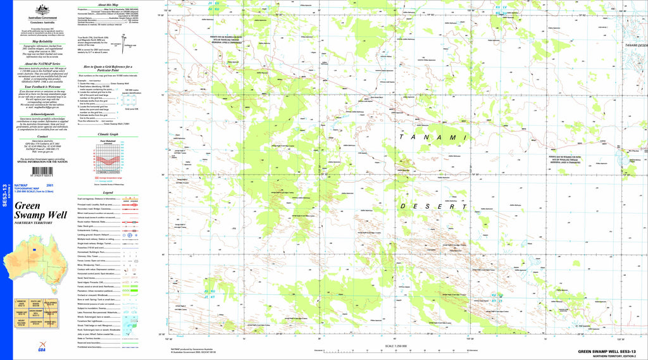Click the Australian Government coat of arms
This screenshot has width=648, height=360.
[43, 8]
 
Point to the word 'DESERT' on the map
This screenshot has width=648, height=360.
[428, 206]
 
